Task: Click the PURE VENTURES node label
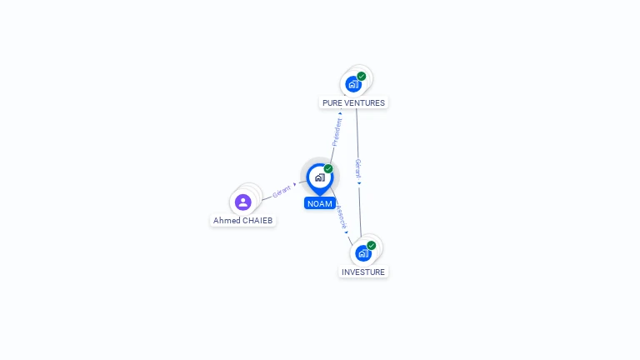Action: tap(353, 102)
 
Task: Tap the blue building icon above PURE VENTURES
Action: tap(353, 84)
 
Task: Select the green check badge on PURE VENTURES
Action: tap(361, 77)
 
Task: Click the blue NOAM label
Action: tap(320, 203)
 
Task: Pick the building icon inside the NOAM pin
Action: tap(320, 177)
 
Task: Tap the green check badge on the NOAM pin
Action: tap(328, 168)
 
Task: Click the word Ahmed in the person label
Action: tap(227, 220)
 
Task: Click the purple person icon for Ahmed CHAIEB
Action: tap(242, 202)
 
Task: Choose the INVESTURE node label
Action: tap(363, 272)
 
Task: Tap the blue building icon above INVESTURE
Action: tap(362, 253)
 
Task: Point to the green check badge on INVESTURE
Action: tap(371, 245)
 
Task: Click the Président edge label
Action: tap(337, 132)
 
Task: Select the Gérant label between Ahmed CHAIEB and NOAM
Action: tap(281, 191)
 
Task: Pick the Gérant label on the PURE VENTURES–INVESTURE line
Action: tap(358, 168)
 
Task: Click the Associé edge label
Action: tap(342, 217)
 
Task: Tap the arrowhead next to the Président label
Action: tap(340, 113)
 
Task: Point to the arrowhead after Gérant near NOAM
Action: tap(295, 184)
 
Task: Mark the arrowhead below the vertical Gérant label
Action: tap(359, 183)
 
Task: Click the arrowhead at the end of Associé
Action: tap(347, 232)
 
